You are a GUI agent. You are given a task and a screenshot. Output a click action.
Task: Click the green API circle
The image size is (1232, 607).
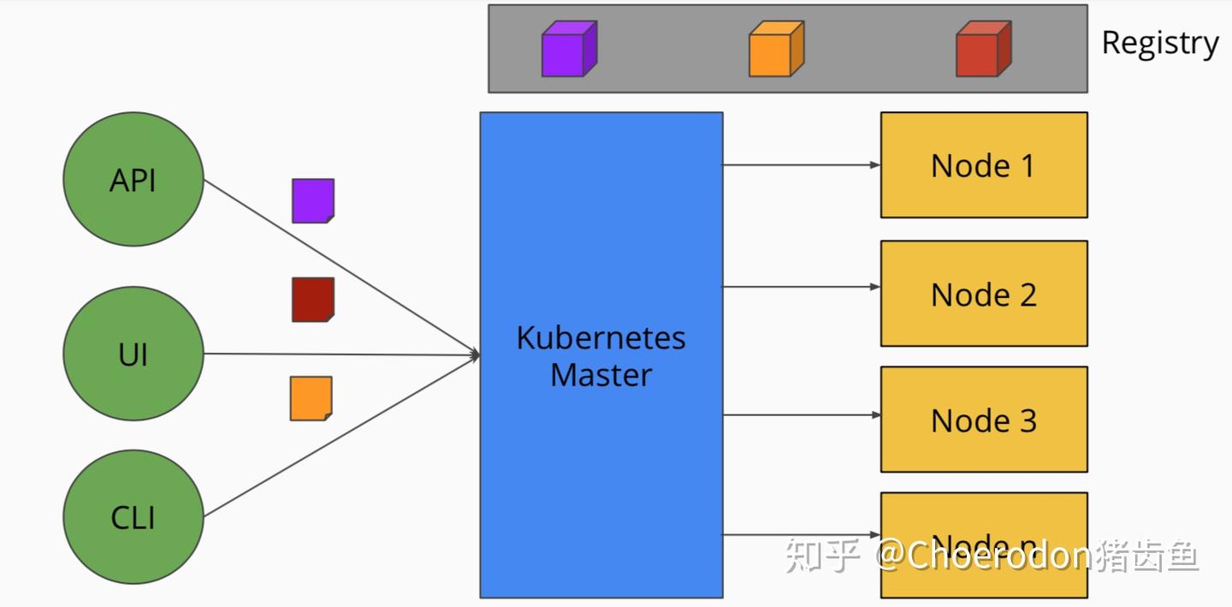133,181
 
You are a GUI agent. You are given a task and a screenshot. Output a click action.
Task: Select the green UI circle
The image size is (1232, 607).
133,354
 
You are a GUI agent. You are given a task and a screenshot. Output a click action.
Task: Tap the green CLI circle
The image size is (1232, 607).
133,518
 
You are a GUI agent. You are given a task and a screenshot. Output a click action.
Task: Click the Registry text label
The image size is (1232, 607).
1159,43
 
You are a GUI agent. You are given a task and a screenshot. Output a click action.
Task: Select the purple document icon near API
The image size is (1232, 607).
313,201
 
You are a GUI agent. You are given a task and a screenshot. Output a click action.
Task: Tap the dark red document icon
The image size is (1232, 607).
313,300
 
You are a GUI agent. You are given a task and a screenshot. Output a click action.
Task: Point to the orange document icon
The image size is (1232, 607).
311,399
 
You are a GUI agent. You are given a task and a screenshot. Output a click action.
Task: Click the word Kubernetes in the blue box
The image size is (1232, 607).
601,338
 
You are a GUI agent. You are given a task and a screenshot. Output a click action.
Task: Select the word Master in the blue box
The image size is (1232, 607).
601,375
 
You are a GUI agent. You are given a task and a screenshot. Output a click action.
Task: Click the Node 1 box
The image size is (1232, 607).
984,165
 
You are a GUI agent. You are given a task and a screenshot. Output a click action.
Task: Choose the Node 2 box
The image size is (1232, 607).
984,294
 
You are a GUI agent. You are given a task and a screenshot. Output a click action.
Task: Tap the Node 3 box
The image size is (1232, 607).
984,420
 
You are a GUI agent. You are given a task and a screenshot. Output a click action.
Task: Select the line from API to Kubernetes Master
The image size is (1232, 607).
342,268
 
